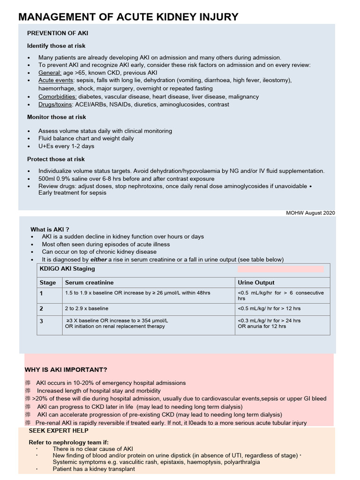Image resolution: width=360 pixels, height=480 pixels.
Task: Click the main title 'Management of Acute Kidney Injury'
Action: [x=128, y=17]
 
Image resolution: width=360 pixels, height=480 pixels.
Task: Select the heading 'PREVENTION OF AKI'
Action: [x=57, y=33]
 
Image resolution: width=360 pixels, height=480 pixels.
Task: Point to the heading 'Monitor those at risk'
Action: [x=56, y=117]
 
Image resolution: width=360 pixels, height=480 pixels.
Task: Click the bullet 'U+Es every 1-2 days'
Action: [x=66, y=146]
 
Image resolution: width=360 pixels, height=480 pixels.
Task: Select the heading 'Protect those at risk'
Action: [x=56, y=159]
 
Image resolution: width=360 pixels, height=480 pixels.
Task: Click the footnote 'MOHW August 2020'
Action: [x=310, y=213]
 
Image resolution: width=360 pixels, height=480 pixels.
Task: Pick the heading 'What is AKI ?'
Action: [x=50, y=229]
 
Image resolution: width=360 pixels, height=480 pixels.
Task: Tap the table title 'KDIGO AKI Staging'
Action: [x=67, y=269]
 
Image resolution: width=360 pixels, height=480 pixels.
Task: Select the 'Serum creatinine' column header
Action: [x=89, y=283]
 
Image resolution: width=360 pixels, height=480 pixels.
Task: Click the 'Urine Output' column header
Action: [x=256, y=283]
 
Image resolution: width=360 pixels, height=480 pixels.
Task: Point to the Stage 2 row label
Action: [x=41, y=309]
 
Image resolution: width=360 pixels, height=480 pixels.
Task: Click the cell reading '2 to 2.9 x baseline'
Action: [x=87, y=308]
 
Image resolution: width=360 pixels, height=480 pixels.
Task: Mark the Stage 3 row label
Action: [x=41, y=321]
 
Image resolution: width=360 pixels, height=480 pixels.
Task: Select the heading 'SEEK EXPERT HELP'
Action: [x=55, y=431]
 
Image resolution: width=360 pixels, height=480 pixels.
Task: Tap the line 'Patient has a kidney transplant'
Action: [x=94, y=469]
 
